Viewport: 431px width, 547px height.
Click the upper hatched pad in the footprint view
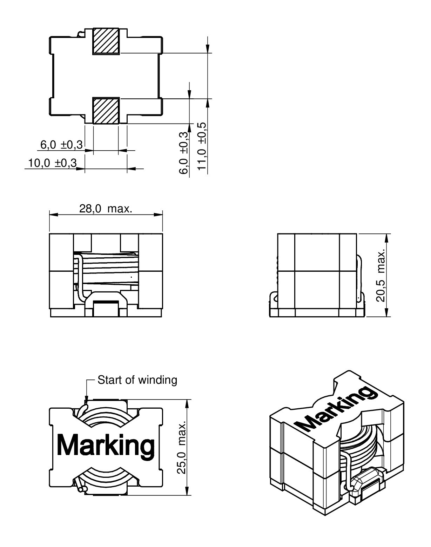(x=106, y=41)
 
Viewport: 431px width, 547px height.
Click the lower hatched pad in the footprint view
(x=106, y=111)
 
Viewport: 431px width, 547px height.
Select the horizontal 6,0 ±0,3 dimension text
(x=61, y=145)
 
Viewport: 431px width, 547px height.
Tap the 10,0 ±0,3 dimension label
(x=52, y=163)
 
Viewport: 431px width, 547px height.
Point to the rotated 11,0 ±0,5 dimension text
(x=202, y=146)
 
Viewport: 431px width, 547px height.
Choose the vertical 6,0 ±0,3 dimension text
(x=184, y=153)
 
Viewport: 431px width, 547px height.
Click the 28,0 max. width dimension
(x=106, y=209)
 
